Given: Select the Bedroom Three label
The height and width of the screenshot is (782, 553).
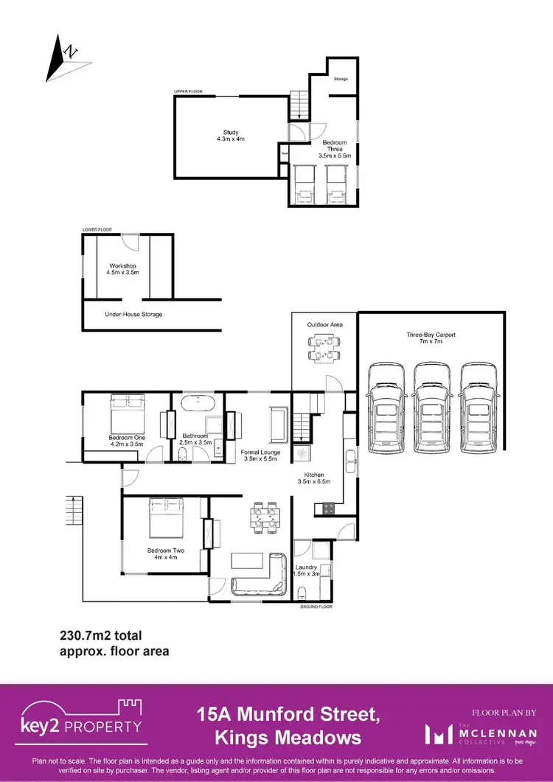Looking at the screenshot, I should [x=335, y=149].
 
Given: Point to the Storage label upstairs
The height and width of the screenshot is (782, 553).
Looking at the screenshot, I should [x=341, y=79].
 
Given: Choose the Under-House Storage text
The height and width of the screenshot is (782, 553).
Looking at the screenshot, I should [x=133, y=314].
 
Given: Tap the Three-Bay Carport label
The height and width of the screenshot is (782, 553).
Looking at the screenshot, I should [x=431, y=338].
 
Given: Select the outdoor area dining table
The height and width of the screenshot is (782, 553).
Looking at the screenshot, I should [x=325, y=349].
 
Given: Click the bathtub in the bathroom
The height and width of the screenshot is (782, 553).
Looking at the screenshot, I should [x=197, y=405].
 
